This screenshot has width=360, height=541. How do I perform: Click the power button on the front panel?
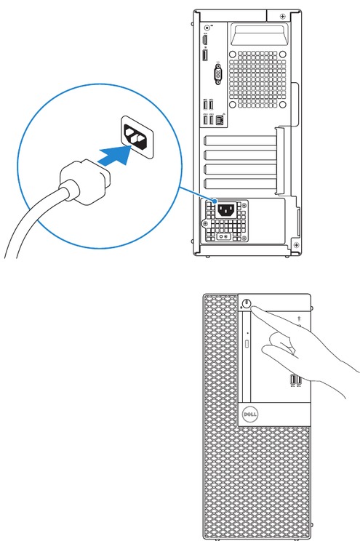pyautogui.click(x=248, y=305)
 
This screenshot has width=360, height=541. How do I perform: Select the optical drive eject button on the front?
pyautogui.click(x=249, y=341)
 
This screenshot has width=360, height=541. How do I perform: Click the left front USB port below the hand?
pyautogui.click(x=292, y=380)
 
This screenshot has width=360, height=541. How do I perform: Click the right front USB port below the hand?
pyautogui.click(x=299, y=380)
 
